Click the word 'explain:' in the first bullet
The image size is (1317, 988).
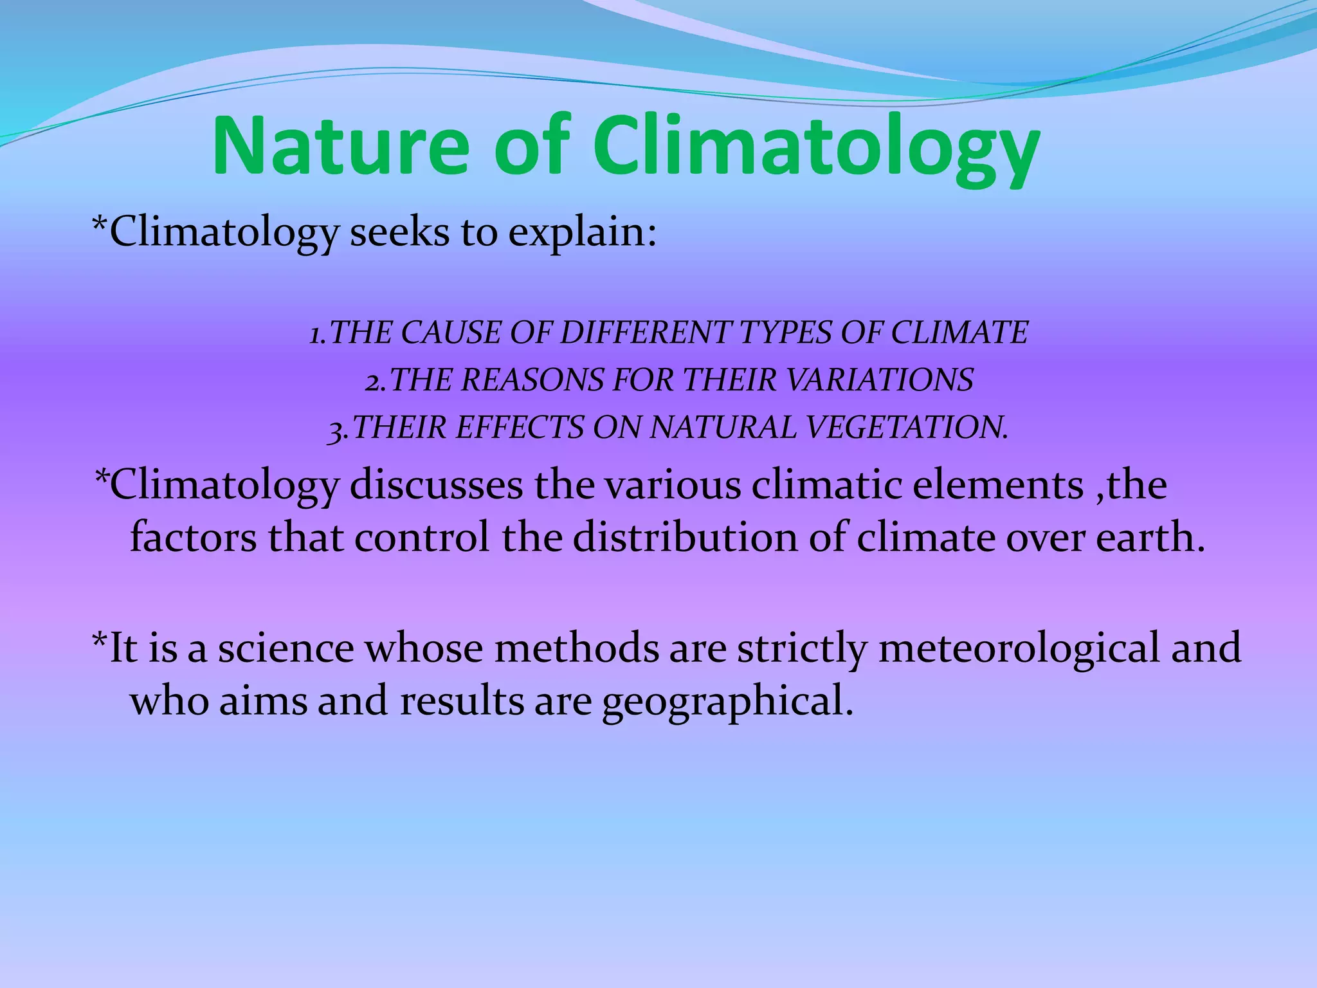[583, 233]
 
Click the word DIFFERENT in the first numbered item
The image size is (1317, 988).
[645, 333]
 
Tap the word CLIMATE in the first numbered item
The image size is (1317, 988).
[959, 333]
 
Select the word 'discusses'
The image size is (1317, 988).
[436, 485]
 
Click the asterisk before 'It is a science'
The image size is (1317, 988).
[100, 640]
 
